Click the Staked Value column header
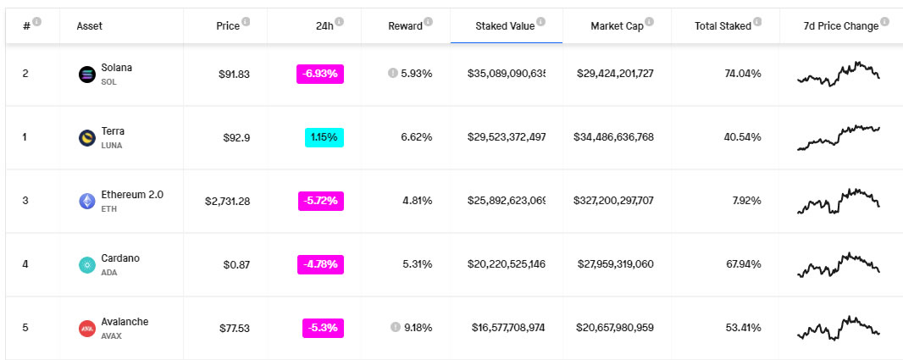click(504, 26)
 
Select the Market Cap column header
click(617, 26)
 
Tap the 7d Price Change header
click(840, 26)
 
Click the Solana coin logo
click(86, 75)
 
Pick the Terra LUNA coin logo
click(86, 138)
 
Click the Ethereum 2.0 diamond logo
click(86, 202)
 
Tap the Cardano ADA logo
click(86, 265)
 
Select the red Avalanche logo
click(86, 329)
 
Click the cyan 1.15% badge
click(324, 137)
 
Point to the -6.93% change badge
click(320, 74)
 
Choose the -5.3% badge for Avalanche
click(323, 328)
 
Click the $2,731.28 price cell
click(227, 201)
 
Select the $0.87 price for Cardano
click(237, 264)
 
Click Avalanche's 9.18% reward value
click(418, 328)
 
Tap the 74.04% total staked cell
click(742, 74)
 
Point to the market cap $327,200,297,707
click(614, 201)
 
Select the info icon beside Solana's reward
click(392, 74)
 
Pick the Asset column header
click(90, 26)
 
